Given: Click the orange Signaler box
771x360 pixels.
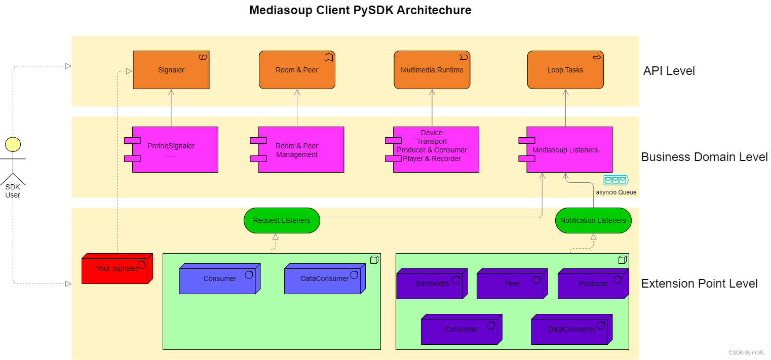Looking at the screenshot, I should (x=171, y=70).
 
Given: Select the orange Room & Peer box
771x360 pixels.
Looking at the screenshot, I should (x=297, y=70).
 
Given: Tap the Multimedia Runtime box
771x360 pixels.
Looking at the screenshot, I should (x=432, y=70).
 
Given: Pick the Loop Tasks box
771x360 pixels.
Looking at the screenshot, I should (x=565, y=70).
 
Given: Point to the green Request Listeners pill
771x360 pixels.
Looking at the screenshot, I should (x=282, y=220).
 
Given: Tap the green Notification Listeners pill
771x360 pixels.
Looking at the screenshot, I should (x=593, y=220).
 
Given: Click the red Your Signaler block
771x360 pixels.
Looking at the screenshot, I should (x=116, y=269).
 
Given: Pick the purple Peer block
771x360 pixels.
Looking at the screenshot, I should (x=512, y=284).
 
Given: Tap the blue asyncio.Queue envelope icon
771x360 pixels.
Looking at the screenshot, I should (x=615, y=180).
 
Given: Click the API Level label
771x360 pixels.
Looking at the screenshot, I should (x=669, y=71).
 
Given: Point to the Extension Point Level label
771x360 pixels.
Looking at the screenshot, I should (x=699, y=284).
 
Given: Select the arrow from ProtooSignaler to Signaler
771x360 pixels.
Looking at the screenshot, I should (x=171, y=108).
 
